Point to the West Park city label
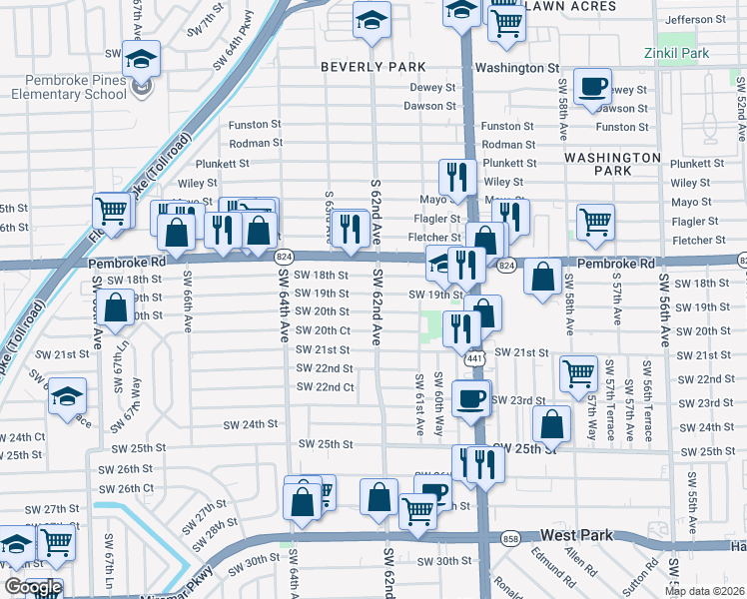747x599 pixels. [x=576, y=536]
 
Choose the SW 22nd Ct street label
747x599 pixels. [x=325, y=387]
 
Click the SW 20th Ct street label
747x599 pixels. [x=324, y=330]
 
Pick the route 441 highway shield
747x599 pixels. [x=475, y=358]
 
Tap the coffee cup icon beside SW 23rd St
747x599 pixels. [x=472, y=397]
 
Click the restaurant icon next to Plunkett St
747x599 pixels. [x=458, y=176]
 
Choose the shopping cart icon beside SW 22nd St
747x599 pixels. [x=578, y=372]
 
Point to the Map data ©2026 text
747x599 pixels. [x=705, y=591]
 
